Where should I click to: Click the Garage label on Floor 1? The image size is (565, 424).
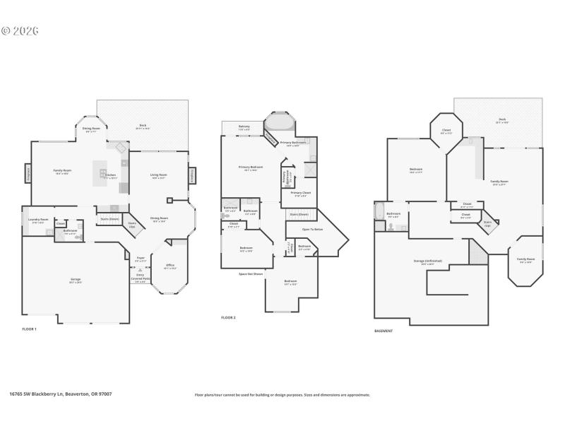75,280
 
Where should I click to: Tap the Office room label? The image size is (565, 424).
169,266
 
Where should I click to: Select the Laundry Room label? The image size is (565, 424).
38,220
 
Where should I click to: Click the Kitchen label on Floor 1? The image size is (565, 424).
112,175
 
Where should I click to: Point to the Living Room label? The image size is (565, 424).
158,175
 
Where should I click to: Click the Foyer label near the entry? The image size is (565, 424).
141,259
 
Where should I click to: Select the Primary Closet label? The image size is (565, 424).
300,193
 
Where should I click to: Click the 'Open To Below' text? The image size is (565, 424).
312,229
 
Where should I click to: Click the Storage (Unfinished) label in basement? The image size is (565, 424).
428,261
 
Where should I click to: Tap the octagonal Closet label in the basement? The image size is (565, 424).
446,131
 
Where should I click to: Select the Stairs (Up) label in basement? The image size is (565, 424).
487,224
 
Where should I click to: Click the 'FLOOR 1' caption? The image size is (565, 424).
29,329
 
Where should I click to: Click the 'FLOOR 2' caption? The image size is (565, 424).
228,318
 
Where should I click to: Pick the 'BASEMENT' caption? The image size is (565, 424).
383,331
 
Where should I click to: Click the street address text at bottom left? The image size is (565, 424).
60,394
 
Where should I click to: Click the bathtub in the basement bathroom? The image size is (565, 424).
379,211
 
